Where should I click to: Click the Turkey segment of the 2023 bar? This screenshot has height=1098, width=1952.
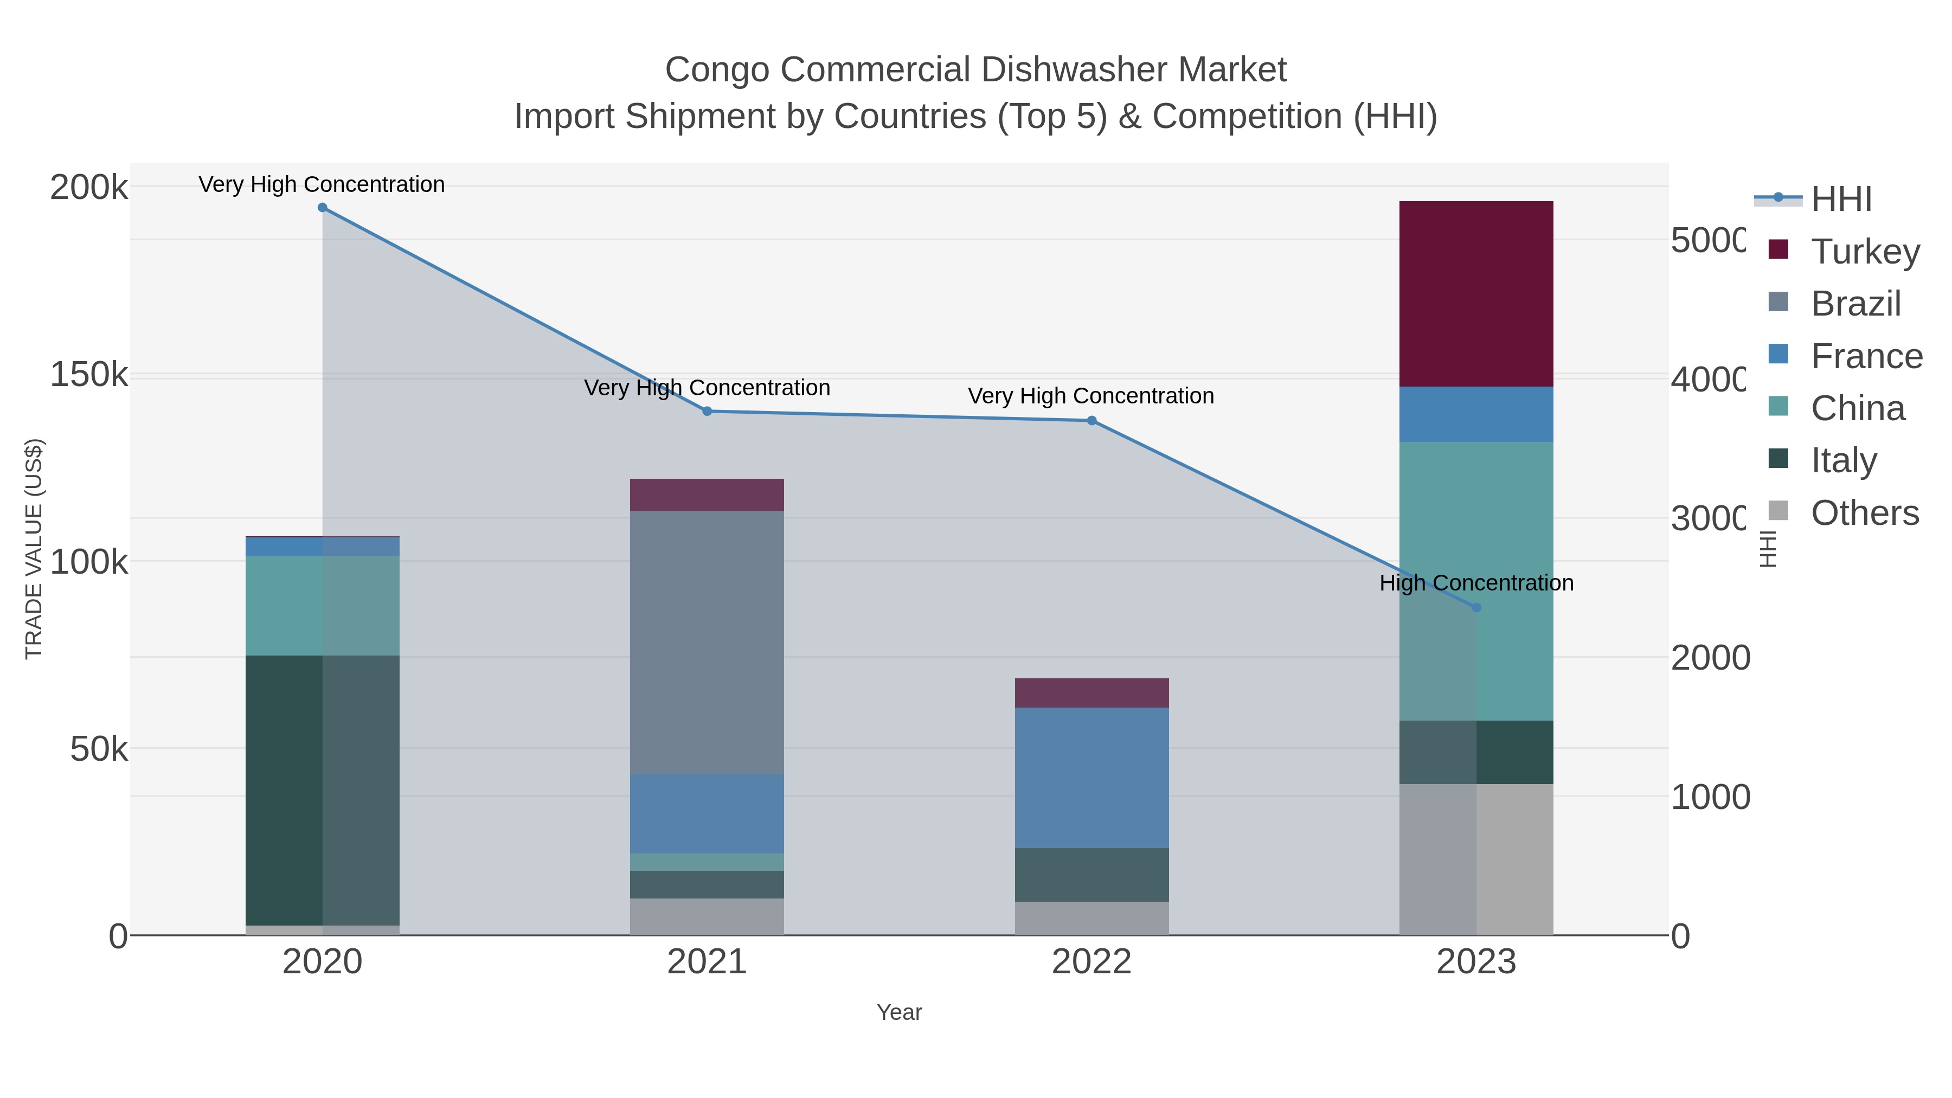1475,294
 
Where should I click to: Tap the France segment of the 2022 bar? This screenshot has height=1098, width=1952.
1091,778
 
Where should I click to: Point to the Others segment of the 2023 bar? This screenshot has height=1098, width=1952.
1475,859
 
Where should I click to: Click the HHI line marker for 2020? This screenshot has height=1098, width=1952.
322,208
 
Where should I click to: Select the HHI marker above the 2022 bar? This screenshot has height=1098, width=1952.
1091,421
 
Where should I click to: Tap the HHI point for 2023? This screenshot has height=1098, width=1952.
1475,608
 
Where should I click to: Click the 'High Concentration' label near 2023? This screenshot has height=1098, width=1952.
1475,583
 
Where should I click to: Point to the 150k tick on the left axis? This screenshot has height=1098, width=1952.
89,374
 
